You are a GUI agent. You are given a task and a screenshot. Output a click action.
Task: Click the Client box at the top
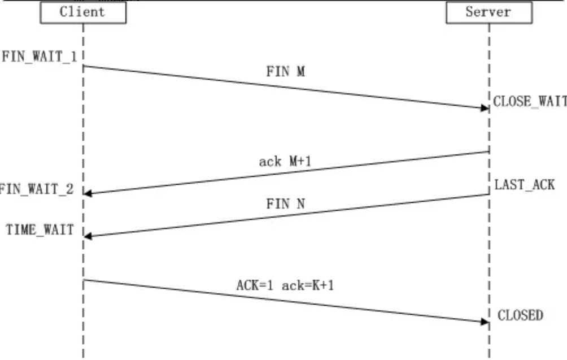[83, 12]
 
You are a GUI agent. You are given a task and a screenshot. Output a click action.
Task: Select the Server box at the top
[489, 12]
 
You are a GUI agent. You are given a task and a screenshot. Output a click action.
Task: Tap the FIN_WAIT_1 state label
[40, 57]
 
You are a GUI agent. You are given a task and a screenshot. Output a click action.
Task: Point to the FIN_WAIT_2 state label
[36, 189]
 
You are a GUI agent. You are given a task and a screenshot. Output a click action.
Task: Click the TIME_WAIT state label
[40, 230]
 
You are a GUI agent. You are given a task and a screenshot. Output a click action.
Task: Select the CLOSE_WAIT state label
[530, 101]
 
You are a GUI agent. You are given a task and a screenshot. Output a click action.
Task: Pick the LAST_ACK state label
[524, 185]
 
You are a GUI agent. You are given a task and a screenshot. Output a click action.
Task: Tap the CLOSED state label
[520, 315]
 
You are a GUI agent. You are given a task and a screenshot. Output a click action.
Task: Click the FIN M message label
[286, 71]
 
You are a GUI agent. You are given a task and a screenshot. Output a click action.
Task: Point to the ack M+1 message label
[285, 161]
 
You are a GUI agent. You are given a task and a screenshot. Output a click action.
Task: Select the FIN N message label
[286, 203]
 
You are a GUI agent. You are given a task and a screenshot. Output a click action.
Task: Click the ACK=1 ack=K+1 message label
[285, 285]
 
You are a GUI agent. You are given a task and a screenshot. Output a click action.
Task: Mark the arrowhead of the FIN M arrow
[485, 108]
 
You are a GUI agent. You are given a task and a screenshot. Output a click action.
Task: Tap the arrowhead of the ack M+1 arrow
[88, 194]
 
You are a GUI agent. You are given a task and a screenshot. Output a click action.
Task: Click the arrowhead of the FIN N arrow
[88, 236]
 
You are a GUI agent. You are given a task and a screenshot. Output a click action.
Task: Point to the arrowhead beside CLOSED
[485, 321]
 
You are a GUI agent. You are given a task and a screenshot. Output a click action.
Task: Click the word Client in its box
[82, 12]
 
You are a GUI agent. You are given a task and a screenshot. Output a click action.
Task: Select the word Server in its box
[488, 12]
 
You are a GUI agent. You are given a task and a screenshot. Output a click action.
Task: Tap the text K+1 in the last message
[323, 285]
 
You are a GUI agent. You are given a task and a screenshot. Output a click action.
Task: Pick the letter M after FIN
[301, 71]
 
